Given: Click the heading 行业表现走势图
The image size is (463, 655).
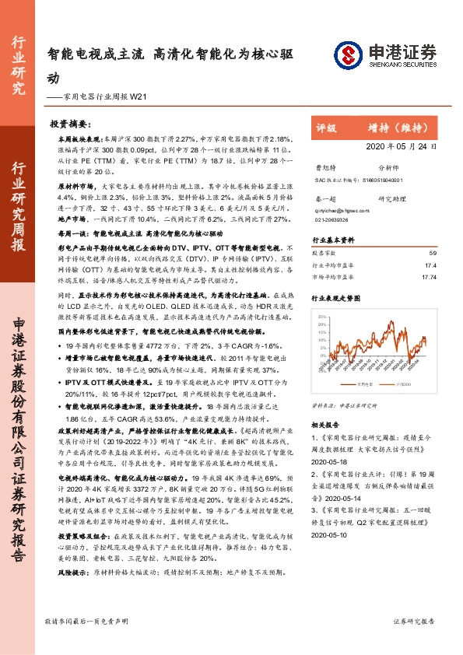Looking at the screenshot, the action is (337, 298).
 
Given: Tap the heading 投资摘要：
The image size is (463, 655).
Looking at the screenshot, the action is (71, 124).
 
